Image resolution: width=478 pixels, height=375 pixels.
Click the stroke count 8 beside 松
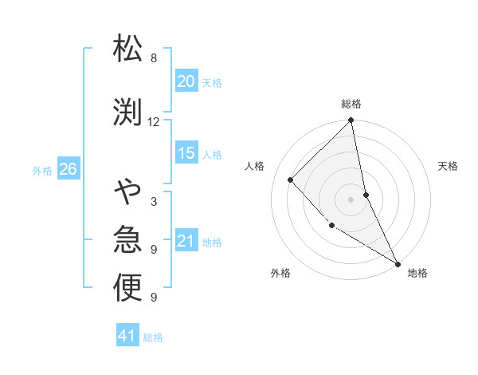coord(153,58)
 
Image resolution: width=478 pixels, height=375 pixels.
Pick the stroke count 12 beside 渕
coord(153,122)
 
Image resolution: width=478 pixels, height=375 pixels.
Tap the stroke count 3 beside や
coord(153,202)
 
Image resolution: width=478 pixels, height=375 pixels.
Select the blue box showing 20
coord(186,81)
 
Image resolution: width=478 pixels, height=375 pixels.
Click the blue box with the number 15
coord(186,153)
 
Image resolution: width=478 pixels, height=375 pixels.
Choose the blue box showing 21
coord(186,241)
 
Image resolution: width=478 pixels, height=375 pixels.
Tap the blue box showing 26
coord(68,169)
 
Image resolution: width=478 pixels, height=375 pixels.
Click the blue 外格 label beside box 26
coord(42,170)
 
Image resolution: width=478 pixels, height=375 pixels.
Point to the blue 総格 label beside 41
coord(153,337)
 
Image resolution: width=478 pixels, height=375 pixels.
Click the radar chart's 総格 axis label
coord(351,104)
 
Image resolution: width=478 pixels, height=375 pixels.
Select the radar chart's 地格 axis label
coord(417,273)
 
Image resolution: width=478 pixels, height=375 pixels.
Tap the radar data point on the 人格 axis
coord(291,180)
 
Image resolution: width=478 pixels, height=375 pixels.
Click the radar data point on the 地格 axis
coord(397,263)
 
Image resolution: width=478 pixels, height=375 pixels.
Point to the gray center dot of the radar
coord(351,199)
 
